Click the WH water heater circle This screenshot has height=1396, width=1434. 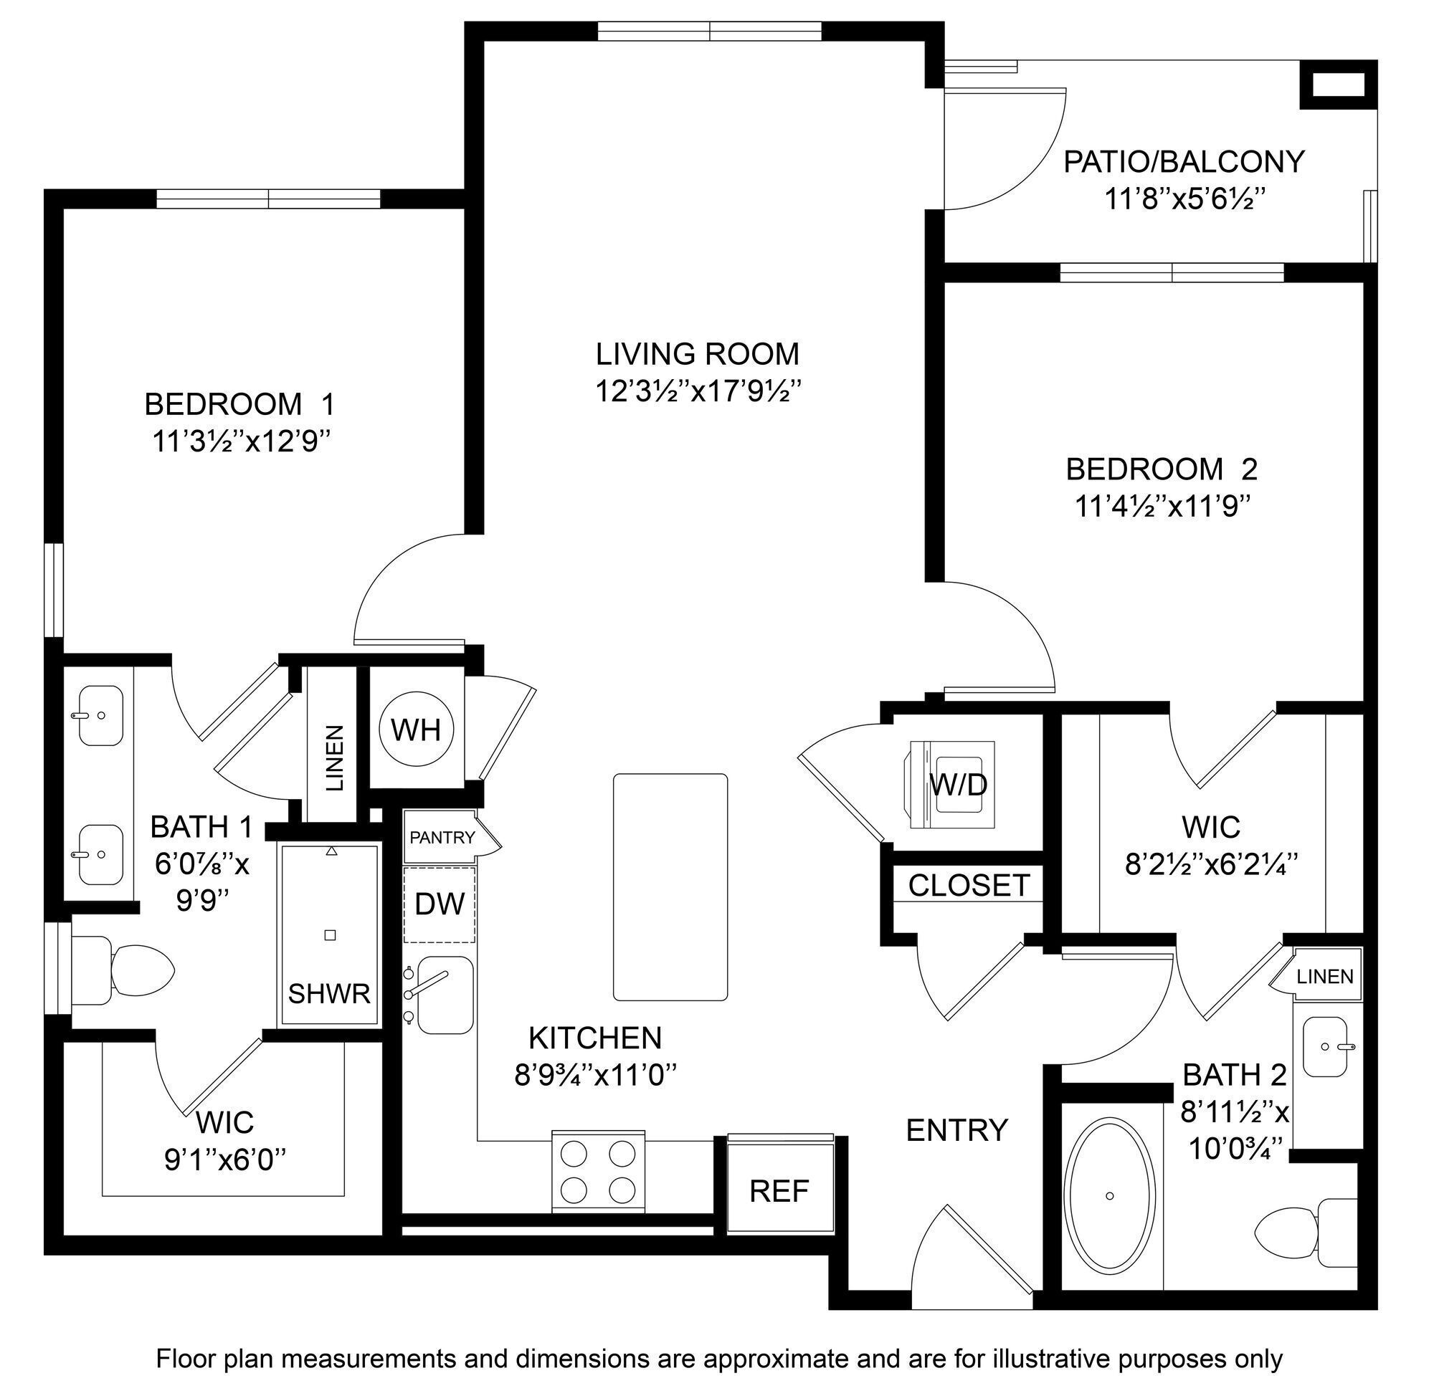point(416,730)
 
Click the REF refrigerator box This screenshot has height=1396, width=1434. point(779,1192)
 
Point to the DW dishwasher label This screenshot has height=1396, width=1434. point(440,904)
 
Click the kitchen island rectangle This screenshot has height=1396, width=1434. point(670,887)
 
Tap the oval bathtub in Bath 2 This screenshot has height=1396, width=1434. point(1109,1195)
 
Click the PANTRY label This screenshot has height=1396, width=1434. point(442,837)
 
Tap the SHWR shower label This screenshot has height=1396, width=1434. point(329,994)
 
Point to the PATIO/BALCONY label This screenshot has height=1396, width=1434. point(1184,161)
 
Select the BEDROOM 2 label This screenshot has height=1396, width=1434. point(1161,469)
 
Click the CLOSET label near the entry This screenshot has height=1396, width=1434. point(969,886)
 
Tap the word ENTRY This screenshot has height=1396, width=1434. point(957,1131)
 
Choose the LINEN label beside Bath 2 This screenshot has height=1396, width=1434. point(1325,977)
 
